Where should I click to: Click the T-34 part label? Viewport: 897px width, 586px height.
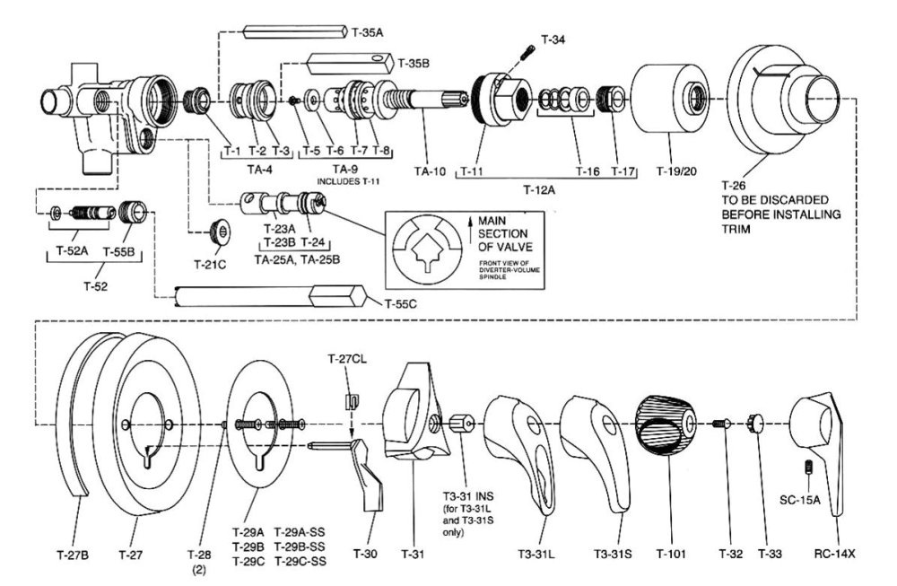553,39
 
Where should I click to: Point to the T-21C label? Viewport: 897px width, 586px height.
212,265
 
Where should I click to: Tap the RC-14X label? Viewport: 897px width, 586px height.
833,554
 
